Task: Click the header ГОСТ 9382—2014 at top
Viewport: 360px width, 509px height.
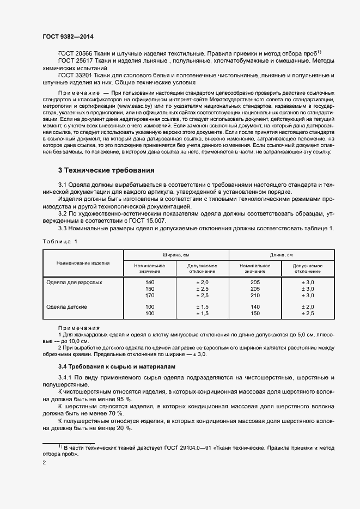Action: click(x=68, y=36)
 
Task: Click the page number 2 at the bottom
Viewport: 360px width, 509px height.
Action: click(x=44, y=463)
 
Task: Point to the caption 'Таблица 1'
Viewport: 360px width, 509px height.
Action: click(x=60, y=241)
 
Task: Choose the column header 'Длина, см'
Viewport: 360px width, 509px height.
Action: click(x=281, y=255)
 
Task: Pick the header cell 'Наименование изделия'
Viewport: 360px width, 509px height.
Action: click(x=83, y=263)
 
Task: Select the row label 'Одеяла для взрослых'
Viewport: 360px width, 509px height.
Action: click(x=75, y=283)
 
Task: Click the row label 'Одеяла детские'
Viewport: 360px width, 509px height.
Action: click(x=67, y=307)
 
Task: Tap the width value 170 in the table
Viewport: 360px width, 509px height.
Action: click(x=150, y=296)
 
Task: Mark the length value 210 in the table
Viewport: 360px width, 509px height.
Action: click(x=255, y=296)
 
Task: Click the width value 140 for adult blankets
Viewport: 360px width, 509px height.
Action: click(x=150, y=283)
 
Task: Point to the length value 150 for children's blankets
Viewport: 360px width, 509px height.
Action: click(x=255, y=314)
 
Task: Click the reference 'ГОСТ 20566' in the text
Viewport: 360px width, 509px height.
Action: click(x=75, y=53)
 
